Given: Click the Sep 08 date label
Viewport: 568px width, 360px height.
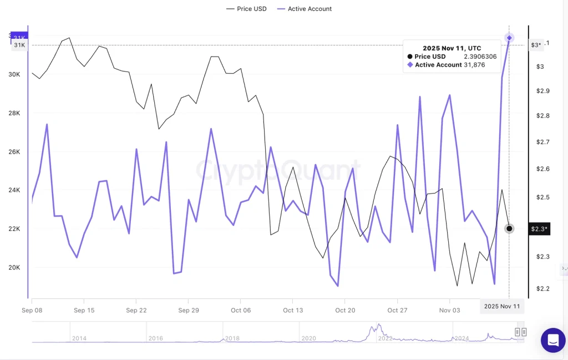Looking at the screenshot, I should [32, 311].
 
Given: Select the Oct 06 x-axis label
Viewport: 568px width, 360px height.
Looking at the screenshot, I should [241, 311].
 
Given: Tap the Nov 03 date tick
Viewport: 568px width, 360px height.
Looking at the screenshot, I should [449, 311].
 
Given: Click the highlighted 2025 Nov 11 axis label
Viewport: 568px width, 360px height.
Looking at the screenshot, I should [501, 306].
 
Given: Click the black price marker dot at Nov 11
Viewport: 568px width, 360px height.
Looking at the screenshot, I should [509, 229].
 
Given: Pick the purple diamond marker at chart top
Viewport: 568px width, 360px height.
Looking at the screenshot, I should [509, 38].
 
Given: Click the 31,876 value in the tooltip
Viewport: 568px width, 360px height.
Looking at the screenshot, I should [474, 65].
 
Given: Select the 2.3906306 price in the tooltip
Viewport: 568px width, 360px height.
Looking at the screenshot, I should [480, 57].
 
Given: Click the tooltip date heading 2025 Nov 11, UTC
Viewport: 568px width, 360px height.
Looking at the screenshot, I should [452, 48].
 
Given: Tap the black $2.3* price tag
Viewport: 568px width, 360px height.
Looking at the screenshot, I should [539, 229].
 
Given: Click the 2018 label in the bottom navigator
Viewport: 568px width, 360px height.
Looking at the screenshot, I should [232, 338].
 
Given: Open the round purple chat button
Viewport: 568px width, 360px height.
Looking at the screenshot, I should [553, 341].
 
